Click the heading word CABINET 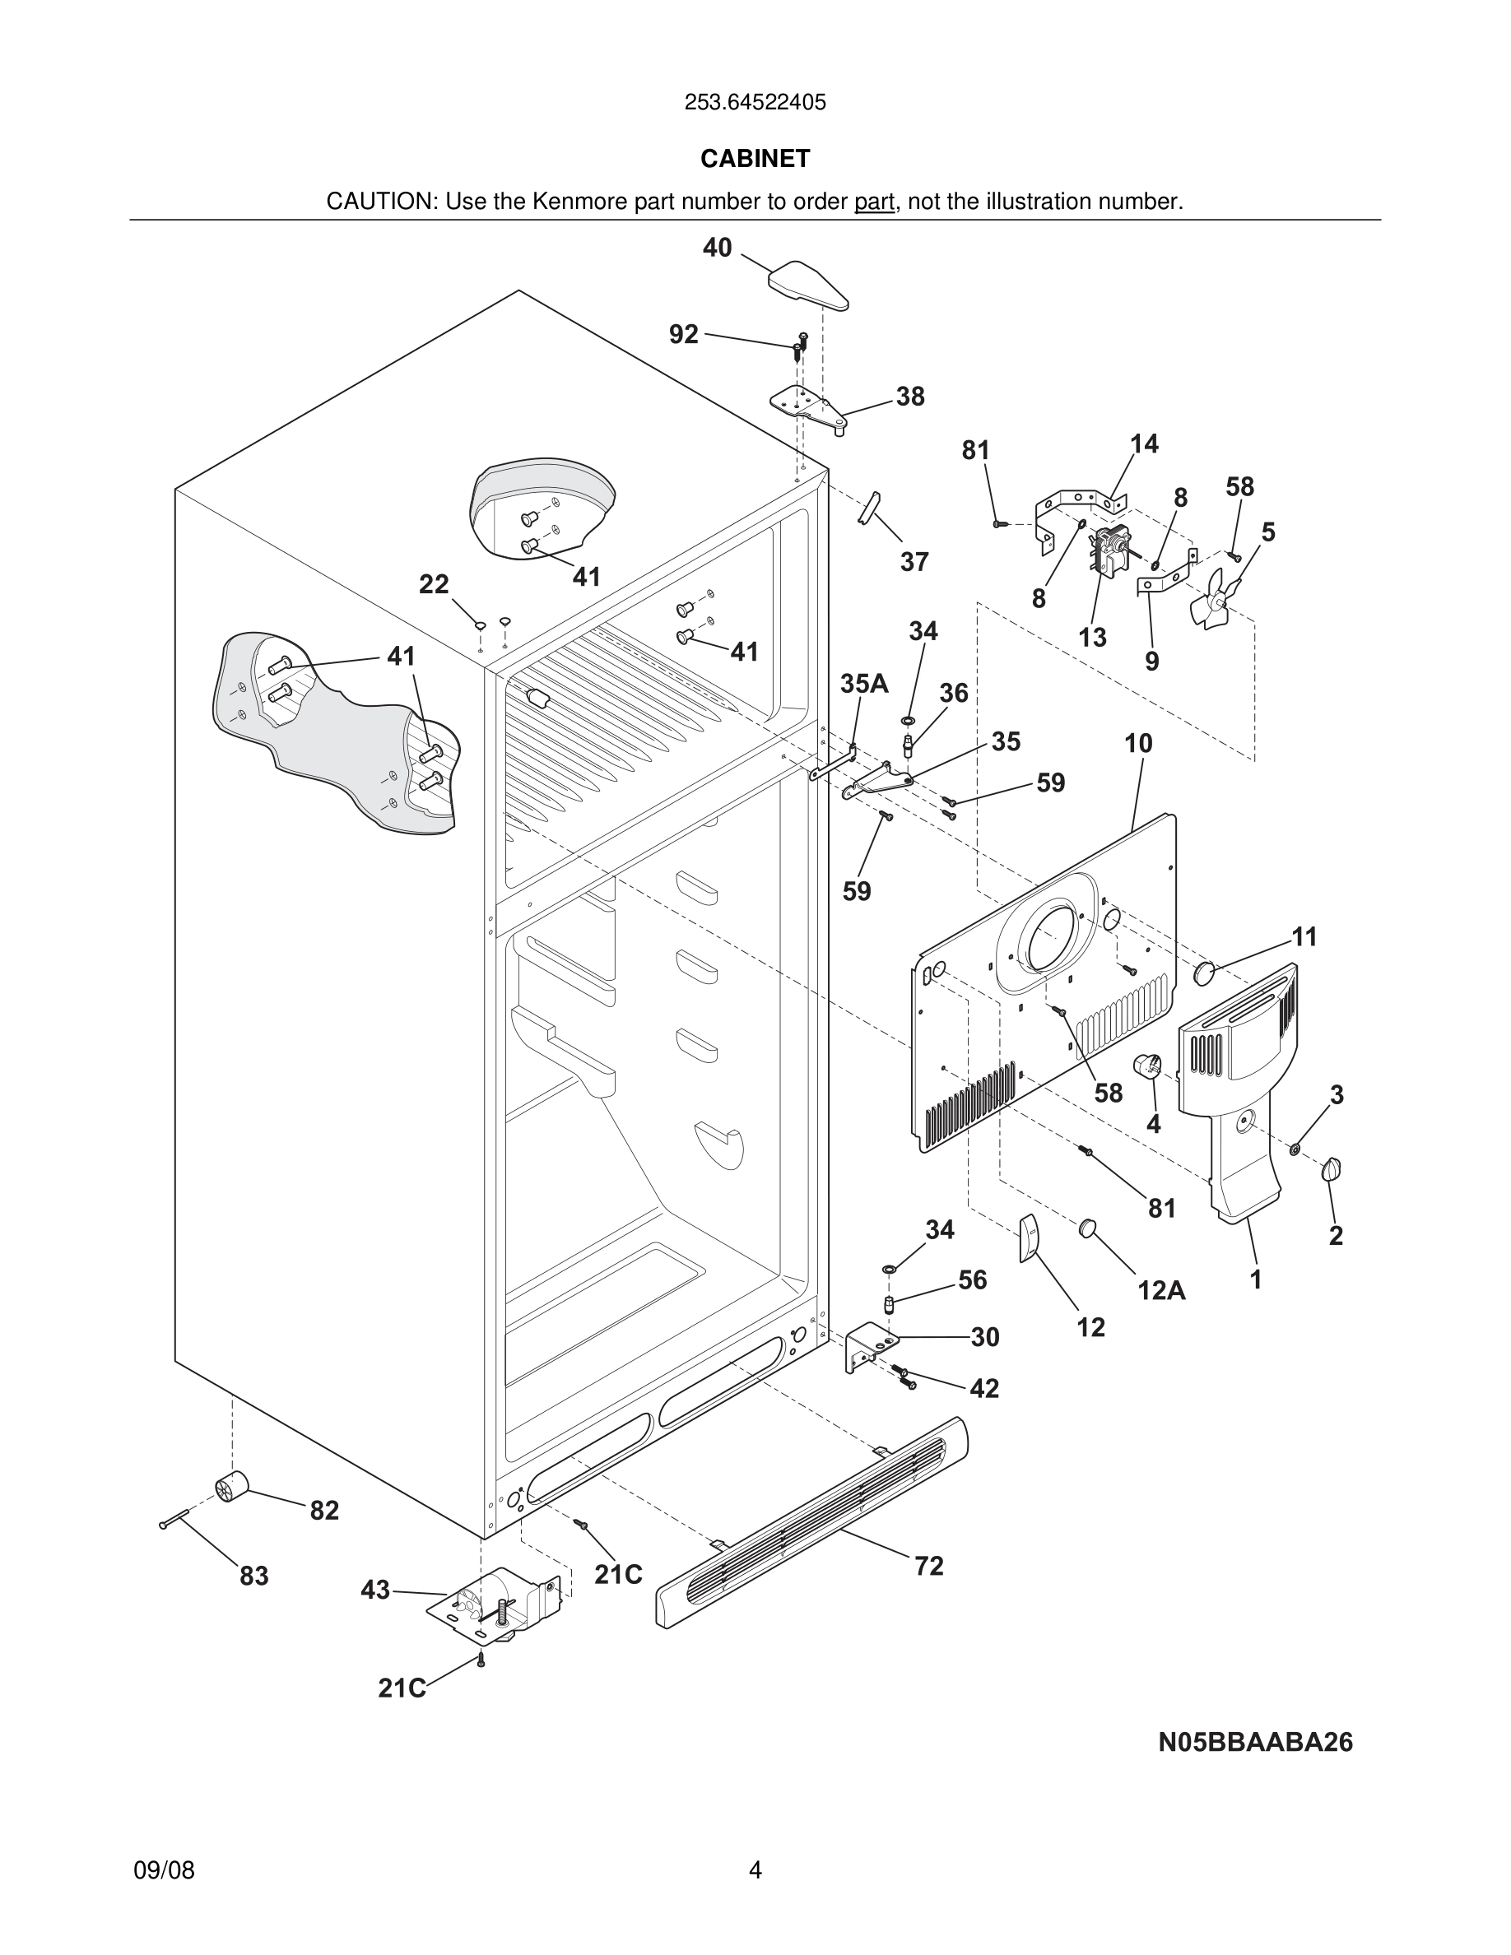(x=755, y=159)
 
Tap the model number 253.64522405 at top (x=755, y=103)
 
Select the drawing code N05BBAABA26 (x=1255, y=1742)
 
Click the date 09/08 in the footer (x=164, y=1870)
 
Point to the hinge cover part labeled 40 (x=807, y=285)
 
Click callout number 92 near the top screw (x=683, y=334)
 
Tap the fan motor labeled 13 (x=1107, y=551)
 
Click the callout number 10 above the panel (x=1137, y=743)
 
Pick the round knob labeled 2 (x=1332, y=1168)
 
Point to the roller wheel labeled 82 (x=231, y=1488)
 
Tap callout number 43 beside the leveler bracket (x=375, y=1590)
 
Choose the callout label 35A (x=864, y=684)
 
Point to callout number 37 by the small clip (x=914, y=562)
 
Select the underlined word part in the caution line (x=874, y=202)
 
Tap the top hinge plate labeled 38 (x=807, y=405)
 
